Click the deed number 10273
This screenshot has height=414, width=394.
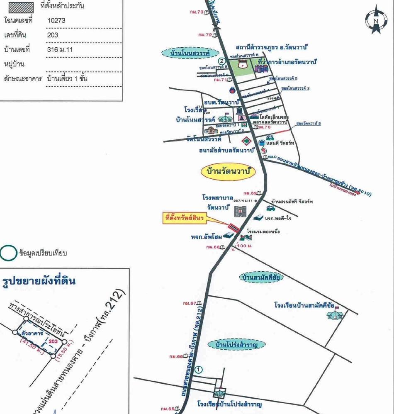click(x=56, y=20)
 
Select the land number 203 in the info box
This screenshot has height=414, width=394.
click(x=53, y=35)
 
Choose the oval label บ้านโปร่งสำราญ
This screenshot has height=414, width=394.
click(x=240, y=344)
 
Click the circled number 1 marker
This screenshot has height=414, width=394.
click(x=199, y=369)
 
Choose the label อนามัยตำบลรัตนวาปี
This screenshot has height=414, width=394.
click(x=232, y=151)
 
